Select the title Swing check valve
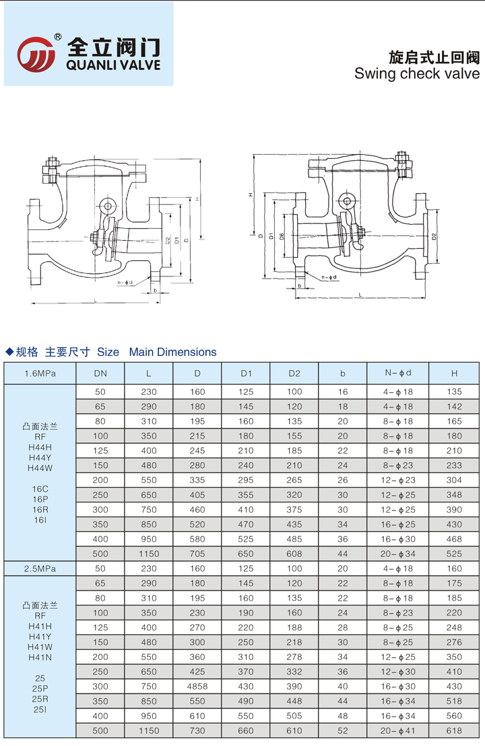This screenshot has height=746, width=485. [416, 73]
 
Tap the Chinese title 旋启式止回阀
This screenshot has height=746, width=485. [434, 55]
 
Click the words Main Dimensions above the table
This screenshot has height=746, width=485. [172, 352]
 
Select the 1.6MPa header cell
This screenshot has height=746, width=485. [40, 373]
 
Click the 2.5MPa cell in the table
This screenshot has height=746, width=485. [40, 568]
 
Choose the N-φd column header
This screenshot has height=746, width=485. [397, 373]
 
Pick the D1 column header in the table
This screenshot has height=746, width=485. [246, 373]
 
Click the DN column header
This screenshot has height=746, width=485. [100, 373]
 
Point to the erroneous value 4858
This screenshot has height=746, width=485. [197, 686]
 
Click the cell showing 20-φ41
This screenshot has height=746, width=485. [397, 731]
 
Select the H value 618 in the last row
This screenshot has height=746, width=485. [454, 731]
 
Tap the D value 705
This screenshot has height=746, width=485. [197, 554]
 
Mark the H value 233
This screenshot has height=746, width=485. [454, 465]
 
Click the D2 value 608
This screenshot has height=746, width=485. [294, 554]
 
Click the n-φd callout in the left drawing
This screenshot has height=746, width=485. [125, 283]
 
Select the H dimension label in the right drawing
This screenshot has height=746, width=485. [250, 194]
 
